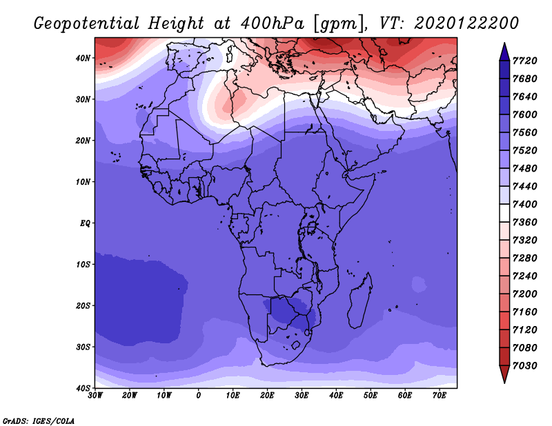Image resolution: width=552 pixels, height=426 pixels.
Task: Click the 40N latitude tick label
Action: tap(83, 58)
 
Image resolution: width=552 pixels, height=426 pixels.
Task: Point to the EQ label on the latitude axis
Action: tap(85, 223)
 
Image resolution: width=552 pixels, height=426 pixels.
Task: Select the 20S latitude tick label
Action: tap(83, 305)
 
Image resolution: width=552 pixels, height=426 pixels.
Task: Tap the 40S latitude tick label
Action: tap(83, 388)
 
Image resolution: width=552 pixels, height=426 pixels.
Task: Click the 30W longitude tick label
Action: tap(95, 396)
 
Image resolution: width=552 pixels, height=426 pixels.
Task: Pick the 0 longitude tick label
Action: tap(199, 396)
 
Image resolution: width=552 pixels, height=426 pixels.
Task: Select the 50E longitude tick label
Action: tap(371, 396)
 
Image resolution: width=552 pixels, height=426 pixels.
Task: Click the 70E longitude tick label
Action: tap(440, 396)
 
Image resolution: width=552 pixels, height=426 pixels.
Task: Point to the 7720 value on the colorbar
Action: tap(524, 61)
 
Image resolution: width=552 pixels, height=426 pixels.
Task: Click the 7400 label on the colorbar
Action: tap(524, 204)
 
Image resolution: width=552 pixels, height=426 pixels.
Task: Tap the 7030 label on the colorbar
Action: tap(524, 366)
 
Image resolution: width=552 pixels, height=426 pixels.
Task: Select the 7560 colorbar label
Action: tap(524, 132)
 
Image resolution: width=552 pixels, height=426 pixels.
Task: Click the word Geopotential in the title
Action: tap(87, 24)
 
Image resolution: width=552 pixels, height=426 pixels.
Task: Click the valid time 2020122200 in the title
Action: tap(466, 23)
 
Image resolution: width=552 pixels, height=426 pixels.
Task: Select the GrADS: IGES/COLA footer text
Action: tap(39, 420)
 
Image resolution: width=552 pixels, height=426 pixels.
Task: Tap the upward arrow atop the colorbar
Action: tap(504, 52)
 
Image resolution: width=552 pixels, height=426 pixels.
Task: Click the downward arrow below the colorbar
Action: tap(504, 374)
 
